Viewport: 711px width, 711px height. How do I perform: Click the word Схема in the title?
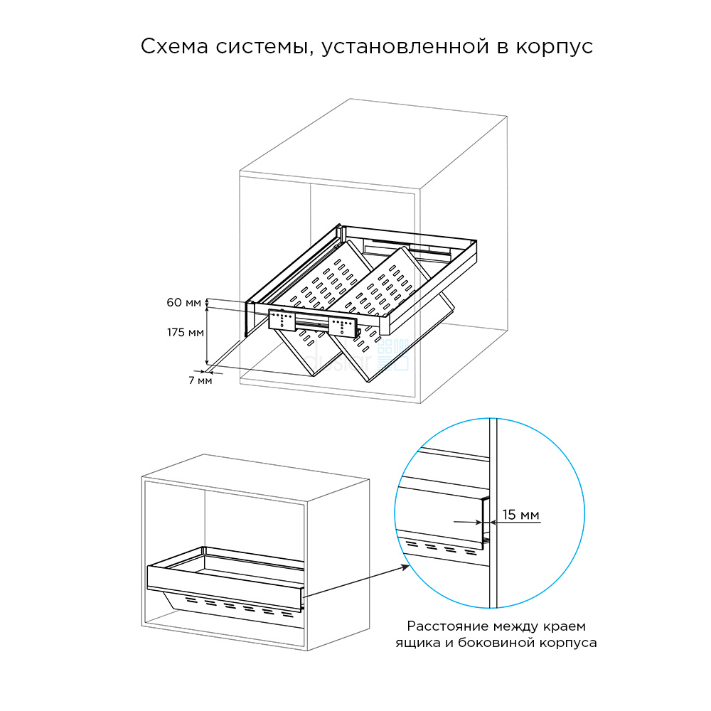(172, 47)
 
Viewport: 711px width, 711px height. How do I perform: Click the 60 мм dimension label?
(183, 303)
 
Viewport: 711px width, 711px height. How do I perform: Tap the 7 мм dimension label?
(200, 380)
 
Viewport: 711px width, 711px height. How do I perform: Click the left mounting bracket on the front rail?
(282, 320)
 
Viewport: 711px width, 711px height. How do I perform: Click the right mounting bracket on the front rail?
(343, 326)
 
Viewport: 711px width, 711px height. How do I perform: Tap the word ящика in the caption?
(415, 643)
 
